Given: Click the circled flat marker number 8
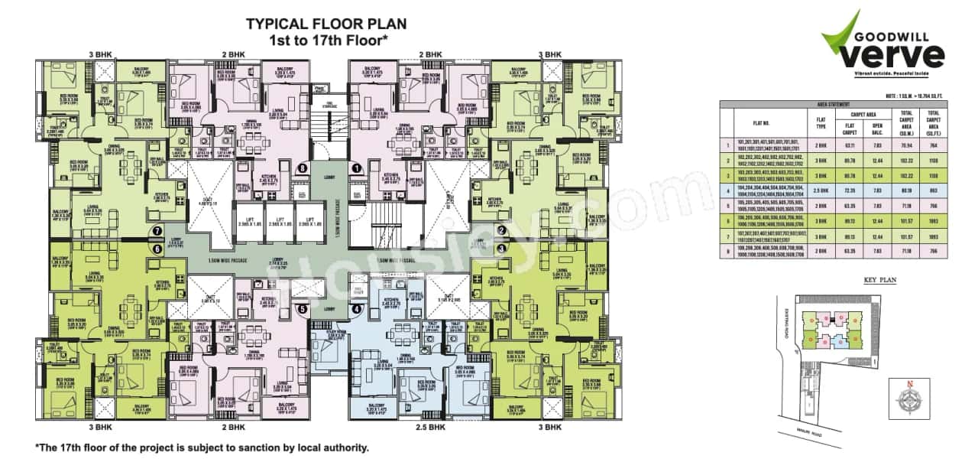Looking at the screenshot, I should click(x=303, y=168).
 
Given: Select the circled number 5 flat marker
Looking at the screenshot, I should click(x=303, y=309).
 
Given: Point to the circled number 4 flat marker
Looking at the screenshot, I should click(x=355, y=310).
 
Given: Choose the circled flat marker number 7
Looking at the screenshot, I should click(x=156, y=230).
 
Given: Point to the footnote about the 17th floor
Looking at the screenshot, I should click(x=202, y=447).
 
